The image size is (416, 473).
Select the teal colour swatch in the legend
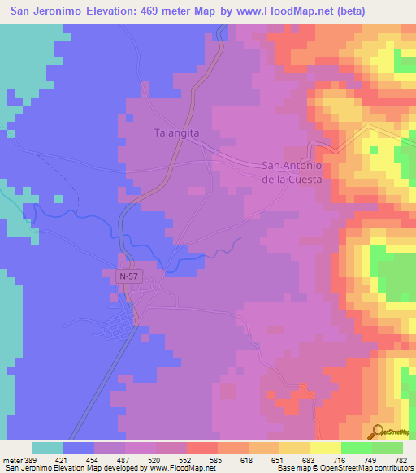tap(48, 448)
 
